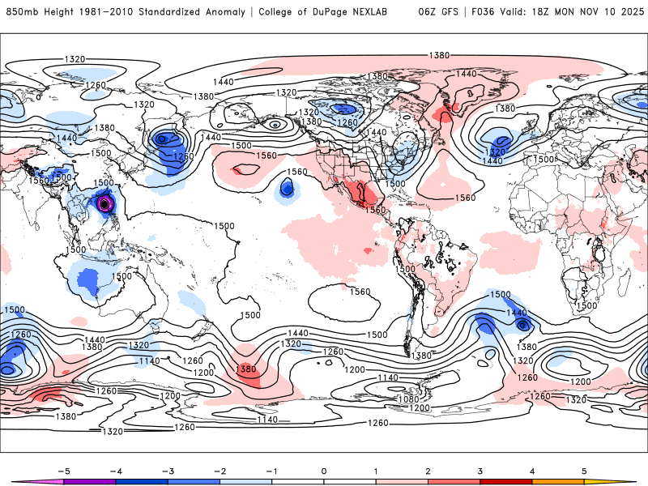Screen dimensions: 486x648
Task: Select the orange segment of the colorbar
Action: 558,481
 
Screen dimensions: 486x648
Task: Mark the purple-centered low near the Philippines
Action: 104,204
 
